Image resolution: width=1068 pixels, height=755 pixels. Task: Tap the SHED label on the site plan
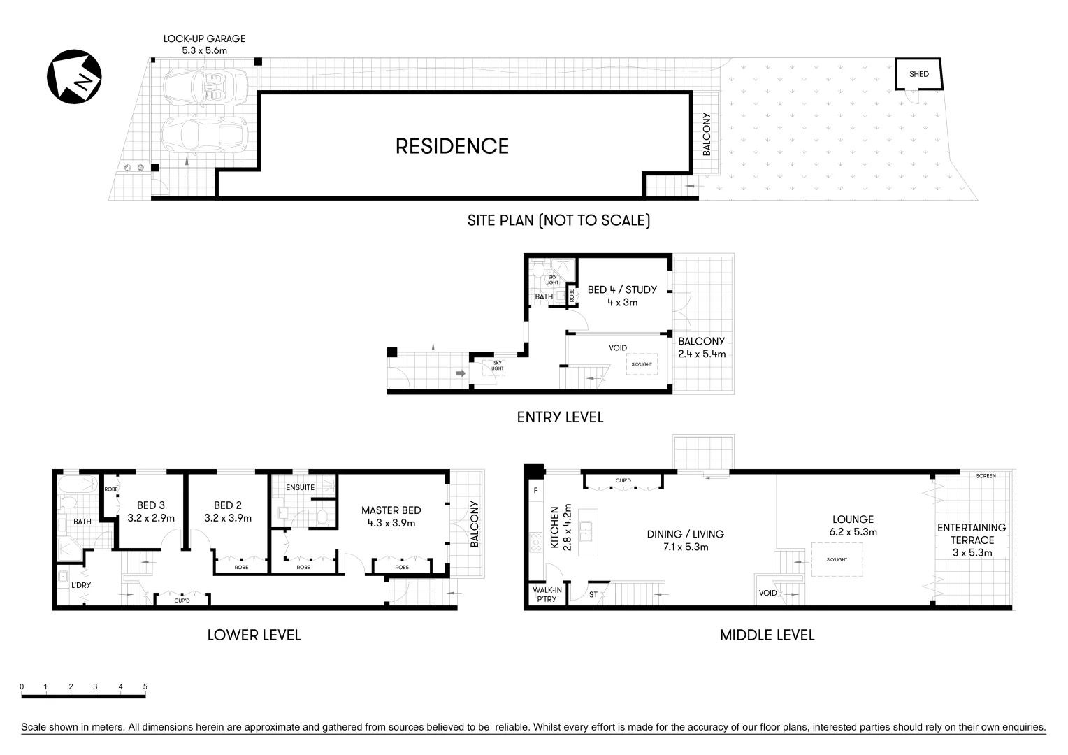(918, 74)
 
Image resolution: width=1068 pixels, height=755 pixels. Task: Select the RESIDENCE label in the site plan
(452, 146)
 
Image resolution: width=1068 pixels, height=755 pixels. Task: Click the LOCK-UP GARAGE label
(204, 39)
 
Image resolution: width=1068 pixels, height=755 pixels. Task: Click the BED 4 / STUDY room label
(622, 289)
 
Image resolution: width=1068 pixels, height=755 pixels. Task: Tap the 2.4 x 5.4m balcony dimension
(702, 354)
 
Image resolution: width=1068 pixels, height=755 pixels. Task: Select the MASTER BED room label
(391, 510)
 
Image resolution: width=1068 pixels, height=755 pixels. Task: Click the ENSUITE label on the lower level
(300, 487)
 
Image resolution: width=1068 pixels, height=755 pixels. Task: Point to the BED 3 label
(151, 505)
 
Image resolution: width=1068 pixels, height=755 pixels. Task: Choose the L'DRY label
(81, 585)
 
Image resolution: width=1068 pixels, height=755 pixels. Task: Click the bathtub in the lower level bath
(79, 484)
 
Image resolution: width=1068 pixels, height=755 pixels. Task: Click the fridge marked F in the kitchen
(535, 490)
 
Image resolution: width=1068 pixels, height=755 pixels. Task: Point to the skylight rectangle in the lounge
(837, 560)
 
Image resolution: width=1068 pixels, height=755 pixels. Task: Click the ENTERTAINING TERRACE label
(972, 533)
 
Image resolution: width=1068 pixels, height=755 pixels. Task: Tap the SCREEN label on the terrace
(986, 476)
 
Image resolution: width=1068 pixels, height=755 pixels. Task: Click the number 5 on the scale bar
(145, 687)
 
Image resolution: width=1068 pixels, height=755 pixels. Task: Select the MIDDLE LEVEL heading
(767, 635)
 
